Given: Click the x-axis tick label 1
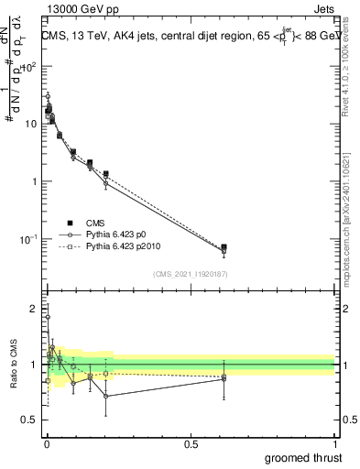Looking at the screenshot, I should coord(334,443).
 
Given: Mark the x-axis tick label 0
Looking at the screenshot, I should coord(46,443).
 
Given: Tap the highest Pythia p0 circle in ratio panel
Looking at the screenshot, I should coord(48,318).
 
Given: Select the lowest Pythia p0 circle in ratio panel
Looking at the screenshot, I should coord(105,396).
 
